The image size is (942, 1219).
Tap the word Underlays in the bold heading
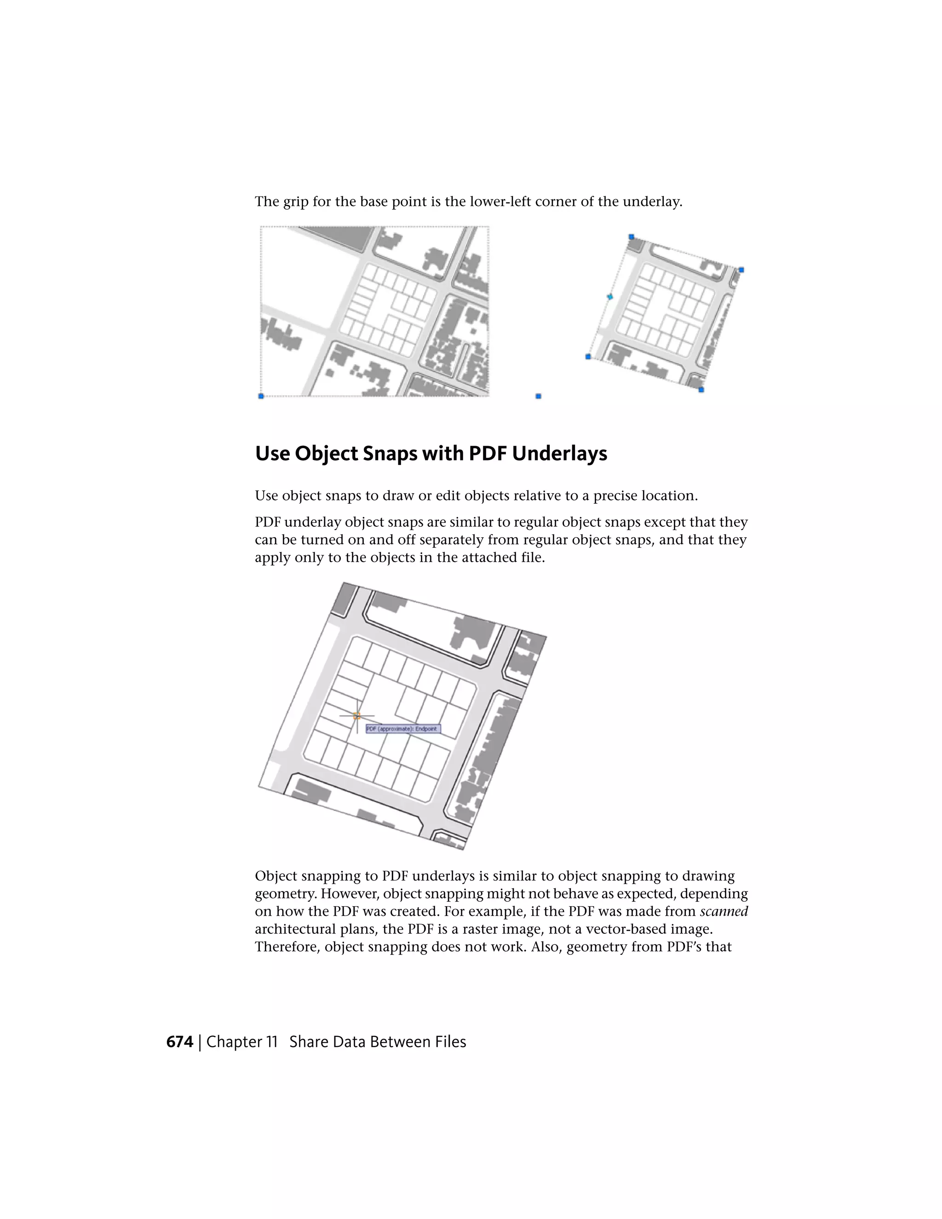click(559, 453)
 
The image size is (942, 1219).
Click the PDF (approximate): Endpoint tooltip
click(403, 729)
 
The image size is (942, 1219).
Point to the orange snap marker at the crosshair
click(357, 716)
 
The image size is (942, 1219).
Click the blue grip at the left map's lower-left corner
click(261, 396)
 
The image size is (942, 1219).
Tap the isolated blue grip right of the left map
click(538, 396)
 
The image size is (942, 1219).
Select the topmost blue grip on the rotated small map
click(631, 236)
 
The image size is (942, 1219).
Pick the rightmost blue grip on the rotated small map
click(741, 270)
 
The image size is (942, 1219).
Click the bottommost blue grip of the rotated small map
click(701, 390)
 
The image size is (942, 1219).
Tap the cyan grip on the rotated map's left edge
click(609, 296)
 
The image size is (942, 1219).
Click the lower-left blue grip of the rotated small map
click(588, 356)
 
